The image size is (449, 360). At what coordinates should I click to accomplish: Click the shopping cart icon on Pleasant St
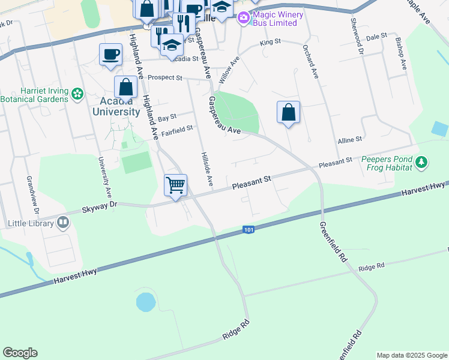(x=175, y=185)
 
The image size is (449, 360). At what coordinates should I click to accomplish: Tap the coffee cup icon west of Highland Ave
(x=110, y=54)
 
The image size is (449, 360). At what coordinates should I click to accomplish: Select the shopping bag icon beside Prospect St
(x=125, y=87)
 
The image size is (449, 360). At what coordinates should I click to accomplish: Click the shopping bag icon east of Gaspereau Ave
(x=288, y=112)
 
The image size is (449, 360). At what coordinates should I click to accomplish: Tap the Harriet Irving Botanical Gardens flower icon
(x=77, y=93)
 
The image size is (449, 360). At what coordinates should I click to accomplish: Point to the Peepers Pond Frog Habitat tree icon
(x=421, y=162)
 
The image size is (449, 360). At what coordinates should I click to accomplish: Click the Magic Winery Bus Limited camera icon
(x=244, y=17)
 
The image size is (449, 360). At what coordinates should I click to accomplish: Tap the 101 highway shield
(x=249, y=229)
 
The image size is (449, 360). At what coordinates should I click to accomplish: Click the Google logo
(x=20, y=353)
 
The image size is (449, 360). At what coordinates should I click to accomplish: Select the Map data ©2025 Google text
(x=411, y=355)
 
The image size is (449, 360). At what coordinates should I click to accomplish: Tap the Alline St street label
(x=349, y=139)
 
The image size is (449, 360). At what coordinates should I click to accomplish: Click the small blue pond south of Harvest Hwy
(x=145, y=302)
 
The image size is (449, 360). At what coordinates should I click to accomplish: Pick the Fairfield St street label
(x=176, y=128)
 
